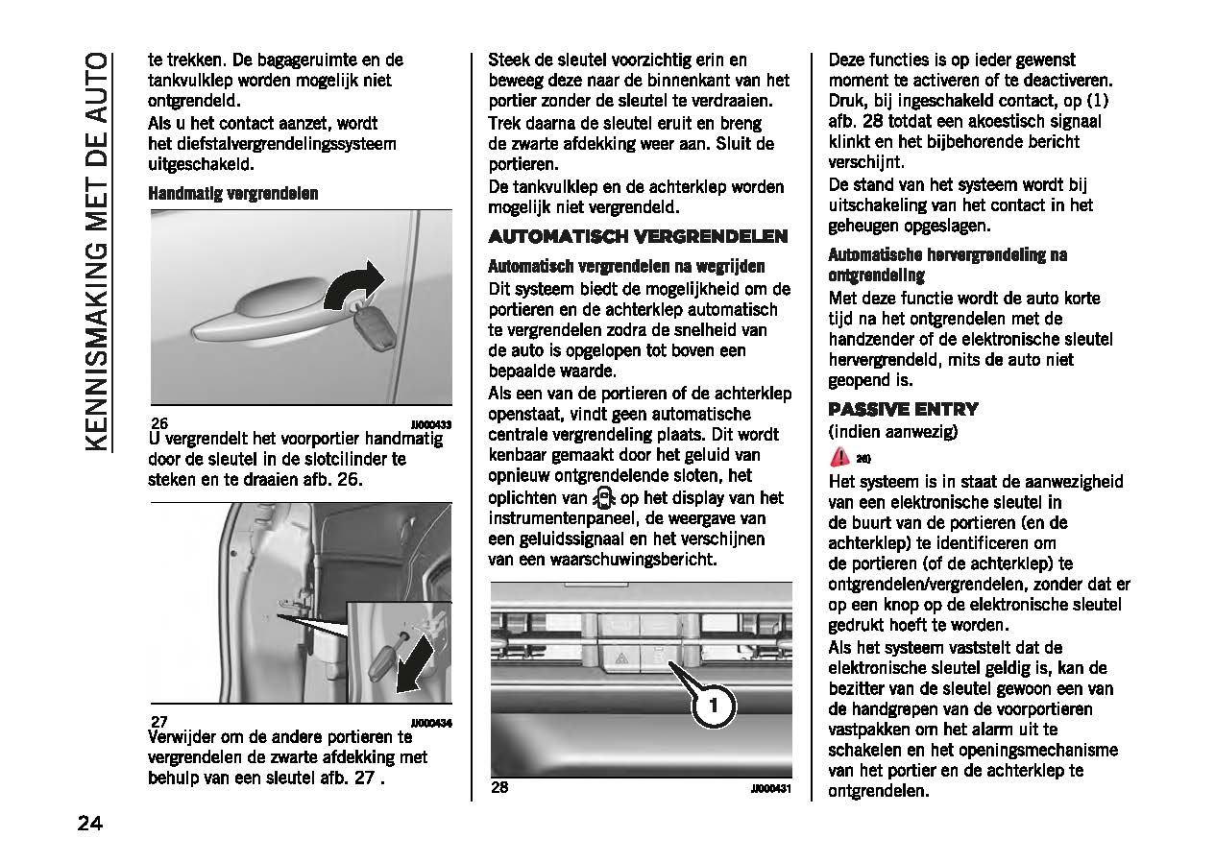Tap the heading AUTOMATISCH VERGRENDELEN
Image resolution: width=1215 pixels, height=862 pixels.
[638, 236]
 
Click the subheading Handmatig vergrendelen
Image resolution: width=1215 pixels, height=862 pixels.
[233, 194]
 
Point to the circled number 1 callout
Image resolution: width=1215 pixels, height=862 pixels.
[713, 706]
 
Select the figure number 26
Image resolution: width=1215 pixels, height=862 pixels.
[159, 423]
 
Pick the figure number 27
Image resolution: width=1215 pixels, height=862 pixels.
[159, 722]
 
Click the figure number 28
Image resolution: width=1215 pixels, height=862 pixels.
[499, 788]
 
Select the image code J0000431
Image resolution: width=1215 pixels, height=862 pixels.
[770, 789]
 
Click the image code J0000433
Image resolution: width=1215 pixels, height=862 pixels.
[431, 423]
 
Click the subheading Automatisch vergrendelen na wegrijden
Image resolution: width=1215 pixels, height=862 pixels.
[626, 266]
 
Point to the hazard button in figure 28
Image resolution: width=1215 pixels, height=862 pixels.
[621, 658]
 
